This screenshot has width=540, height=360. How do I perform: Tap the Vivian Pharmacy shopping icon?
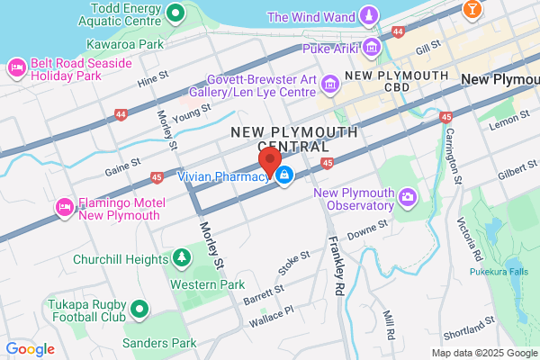tap(284, 175)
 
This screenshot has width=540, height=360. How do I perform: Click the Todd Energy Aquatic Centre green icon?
tap(176, 13)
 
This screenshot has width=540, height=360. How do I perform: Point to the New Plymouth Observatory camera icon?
tap(409, 196)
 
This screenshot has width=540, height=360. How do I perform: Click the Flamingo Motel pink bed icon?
tap(64, 208)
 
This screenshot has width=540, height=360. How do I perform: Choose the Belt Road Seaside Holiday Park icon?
tap(15, 68)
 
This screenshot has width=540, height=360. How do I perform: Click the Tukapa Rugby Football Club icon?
tap(139, 310)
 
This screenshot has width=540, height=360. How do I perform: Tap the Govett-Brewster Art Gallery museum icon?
tap(330, 85)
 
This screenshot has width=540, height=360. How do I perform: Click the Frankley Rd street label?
tap(337, 256)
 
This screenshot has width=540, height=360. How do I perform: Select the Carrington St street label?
tap(453, 144)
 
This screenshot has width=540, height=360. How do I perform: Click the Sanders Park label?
tap(159, 343)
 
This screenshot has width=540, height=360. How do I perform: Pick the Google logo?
tap(30, 349)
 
